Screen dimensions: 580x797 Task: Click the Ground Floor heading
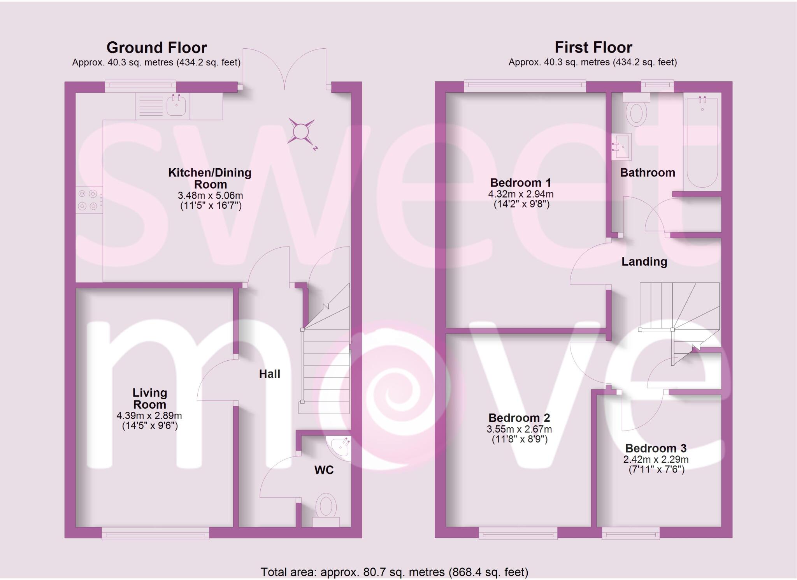tap(156, 48)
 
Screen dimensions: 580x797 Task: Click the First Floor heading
tap(593, 48)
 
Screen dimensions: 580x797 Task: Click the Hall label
tap(270, 374)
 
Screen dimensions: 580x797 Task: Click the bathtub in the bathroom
tap(702, 142)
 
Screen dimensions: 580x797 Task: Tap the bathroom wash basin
tap(622, 147)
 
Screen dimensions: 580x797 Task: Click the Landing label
tap(644, 262)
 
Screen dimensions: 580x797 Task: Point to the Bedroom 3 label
tap(656, 448)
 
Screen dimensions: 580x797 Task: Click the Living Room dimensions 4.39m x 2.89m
tap(149, 416)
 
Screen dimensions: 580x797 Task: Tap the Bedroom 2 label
tap(519, 418)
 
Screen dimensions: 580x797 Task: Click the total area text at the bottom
tap(394, 572)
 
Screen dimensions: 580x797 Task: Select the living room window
tap(155, 534)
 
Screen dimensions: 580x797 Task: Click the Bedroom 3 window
tap(630, 534)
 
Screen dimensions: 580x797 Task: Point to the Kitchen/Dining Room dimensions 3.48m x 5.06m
tap(210, 196)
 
